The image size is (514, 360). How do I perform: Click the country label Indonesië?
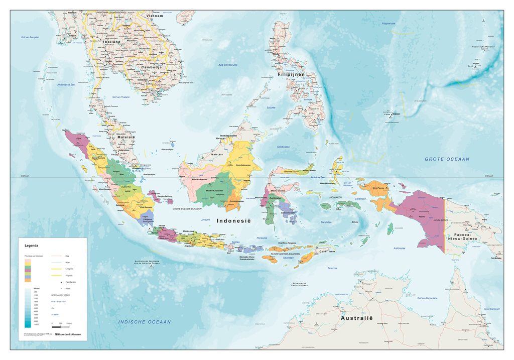pos(233,221)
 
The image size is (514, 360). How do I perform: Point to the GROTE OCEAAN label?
pos(447,159)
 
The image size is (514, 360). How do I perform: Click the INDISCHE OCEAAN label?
pos(145,322)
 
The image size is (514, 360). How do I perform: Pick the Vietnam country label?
pos(155,16)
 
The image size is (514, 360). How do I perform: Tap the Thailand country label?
pos(111,42)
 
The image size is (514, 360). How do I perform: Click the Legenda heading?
pos(32,246)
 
